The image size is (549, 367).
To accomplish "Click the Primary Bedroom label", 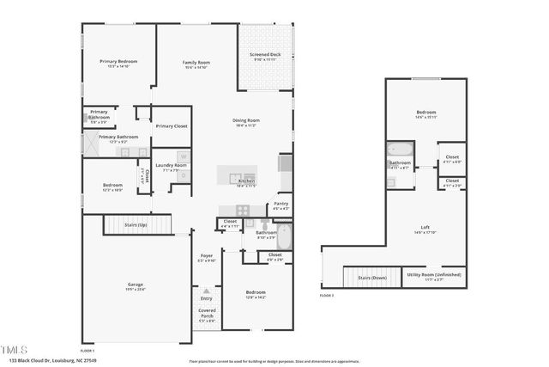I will (118, 62).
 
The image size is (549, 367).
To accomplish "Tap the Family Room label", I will (196, 63).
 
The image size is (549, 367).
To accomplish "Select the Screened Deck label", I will (264, 56).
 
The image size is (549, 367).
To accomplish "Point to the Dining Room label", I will (246, 119).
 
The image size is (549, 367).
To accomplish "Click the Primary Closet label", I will (171, 126).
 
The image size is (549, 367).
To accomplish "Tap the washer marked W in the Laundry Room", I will (182, 156).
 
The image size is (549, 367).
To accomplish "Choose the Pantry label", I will (281, 204).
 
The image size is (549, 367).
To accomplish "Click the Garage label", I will (135, 284).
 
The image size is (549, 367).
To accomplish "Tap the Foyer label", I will (207, 256).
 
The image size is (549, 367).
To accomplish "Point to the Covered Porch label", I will (207, 315).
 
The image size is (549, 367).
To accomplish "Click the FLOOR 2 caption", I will (326, 295).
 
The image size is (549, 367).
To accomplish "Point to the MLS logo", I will (14, 349).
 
